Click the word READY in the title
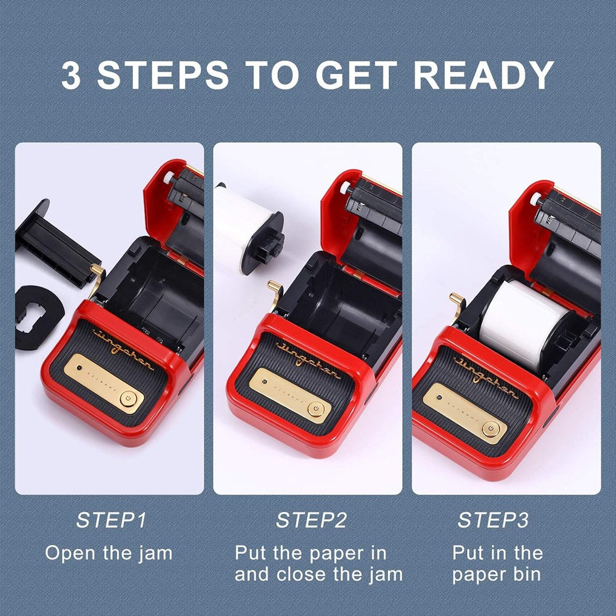pos(484,75)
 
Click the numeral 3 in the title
pos(71,75)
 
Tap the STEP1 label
pos(111,520)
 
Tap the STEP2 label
pos(311,520)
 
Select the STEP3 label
pos(493,520)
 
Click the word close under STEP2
pos(302,574)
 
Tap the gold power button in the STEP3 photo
pos(490,429)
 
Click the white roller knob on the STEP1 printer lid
pos(169,177)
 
